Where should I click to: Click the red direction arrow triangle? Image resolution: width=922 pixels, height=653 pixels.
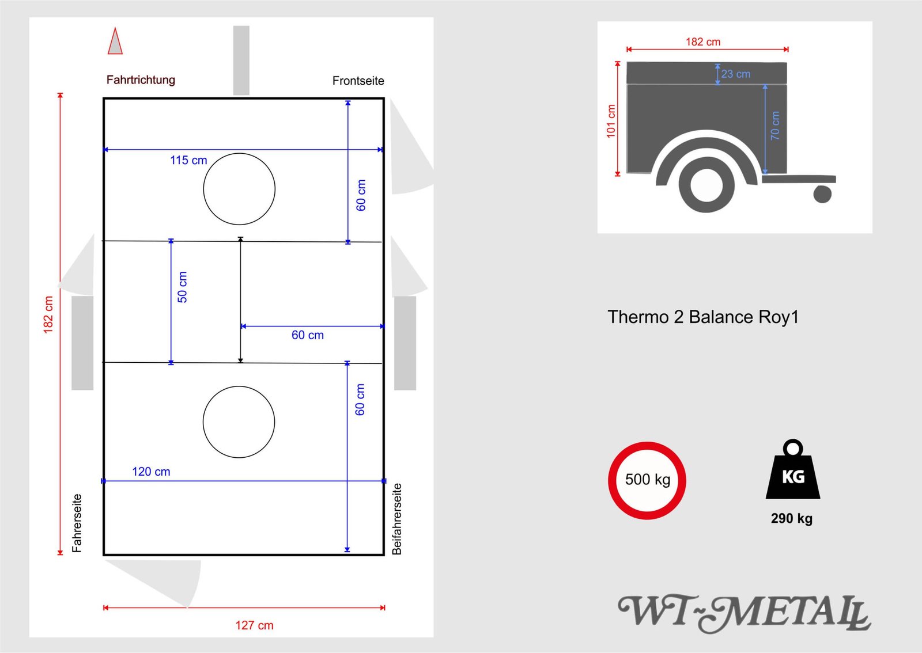click(x=115, y=43)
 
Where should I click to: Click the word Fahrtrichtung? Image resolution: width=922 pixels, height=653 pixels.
click(x=141, y=80)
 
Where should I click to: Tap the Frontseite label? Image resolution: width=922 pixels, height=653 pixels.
click(x=358, y=81)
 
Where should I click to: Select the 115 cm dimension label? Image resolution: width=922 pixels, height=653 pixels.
click(x=188, y=161)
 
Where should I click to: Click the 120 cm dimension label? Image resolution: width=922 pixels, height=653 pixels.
click(x=151, y=472)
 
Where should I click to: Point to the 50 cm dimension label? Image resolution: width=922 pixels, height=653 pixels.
click(x=182, y=287)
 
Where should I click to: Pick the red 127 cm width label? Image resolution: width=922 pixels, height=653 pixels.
click(x=254, y=625)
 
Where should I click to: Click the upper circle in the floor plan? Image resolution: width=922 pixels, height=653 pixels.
click(x=239, y=189)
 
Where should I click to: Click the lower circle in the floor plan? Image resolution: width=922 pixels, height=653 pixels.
click(x=239, y=422)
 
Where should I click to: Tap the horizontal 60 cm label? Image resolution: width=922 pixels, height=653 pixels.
click(x=307, y=335)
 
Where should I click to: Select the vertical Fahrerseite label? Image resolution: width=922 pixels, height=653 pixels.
click(x=77, y=523)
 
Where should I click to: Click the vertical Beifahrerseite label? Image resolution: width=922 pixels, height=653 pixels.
click(x=396, y=519)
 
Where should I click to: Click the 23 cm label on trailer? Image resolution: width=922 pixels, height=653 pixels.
click(x=736, y=74)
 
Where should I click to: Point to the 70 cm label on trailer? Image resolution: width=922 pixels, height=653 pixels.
click(x=775, y=126)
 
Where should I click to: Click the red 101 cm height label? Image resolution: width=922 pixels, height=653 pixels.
click(x=611, y=121)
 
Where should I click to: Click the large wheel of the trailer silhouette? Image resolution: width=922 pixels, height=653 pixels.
click(x=706, y=185)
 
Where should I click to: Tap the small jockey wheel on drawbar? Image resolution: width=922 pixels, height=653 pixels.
click(x=822, y=194)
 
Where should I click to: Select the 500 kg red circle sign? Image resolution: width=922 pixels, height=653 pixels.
click(x=647, y=480)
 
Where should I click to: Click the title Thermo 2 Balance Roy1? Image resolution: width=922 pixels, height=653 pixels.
click(x=703, y=317)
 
